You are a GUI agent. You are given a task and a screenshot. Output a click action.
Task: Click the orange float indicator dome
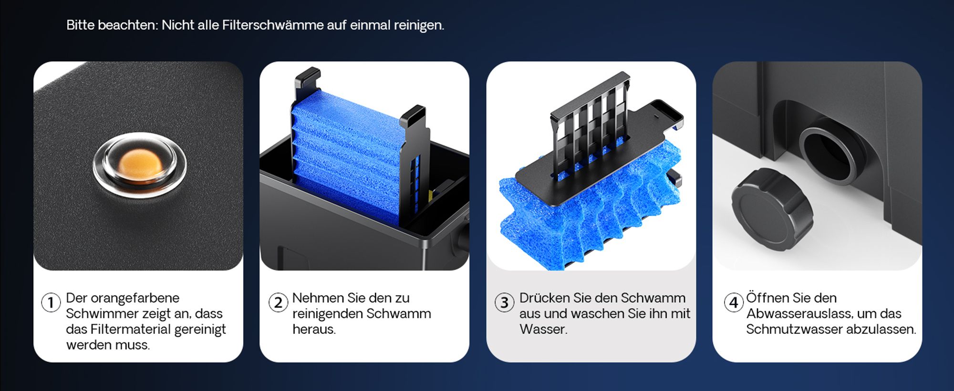[139, 165]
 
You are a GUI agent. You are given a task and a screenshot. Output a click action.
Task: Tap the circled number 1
[51, 302]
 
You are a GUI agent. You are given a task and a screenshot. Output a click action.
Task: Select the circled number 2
[278, 302]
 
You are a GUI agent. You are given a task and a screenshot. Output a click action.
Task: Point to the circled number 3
[504, 302]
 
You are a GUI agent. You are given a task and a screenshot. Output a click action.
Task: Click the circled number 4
[734, 302]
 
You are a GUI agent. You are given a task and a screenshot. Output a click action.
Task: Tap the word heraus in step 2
[313, 329]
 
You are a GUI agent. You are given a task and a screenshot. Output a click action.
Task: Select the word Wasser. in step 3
[543, 329]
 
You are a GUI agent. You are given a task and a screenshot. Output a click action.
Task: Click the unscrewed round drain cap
[772, 208]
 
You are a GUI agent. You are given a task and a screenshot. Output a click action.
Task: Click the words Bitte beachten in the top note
[112, 25]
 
